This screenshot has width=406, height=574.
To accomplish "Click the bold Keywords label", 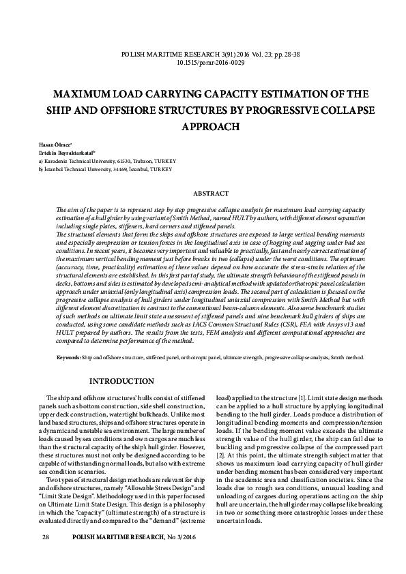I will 69,357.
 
